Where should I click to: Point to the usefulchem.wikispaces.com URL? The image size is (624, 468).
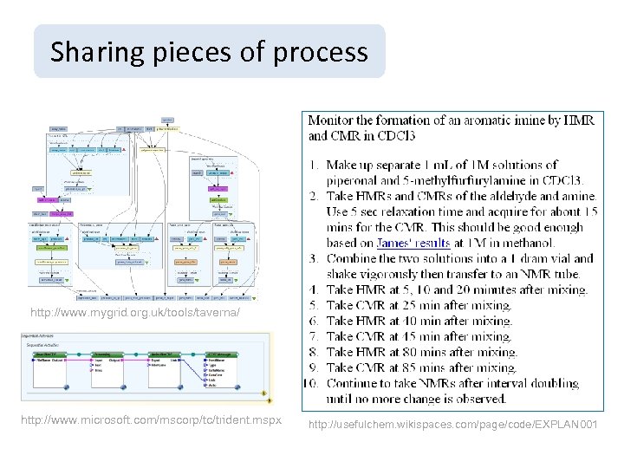click(452, 423)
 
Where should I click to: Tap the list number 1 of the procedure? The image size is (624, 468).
click(315, 165)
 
